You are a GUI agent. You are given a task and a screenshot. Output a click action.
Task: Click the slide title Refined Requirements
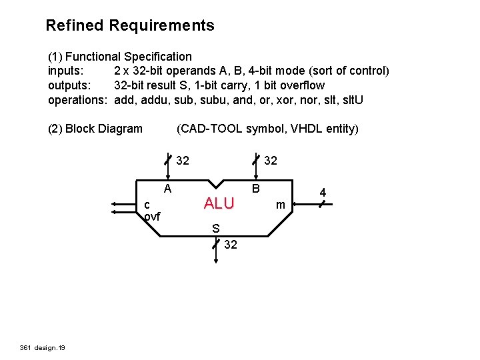(x=130, y=26)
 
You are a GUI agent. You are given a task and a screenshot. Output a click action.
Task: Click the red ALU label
(x=219, y=204)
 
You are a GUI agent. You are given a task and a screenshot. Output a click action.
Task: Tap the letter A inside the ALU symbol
(x=169, y=189)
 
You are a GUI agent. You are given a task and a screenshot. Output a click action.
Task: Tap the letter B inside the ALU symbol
(x=255, y=189)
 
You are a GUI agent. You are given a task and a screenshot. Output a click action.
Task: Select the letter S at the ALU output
(x=215, y=229)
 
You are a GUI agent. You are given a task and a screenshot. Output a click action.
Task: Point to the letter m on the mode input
(x=281, y=205)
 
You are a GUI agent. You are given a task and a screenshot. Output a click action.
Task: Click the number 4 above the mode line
(x=323, y=193)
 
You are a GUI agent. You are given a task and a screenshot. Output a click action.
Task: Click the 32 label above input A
(x=183, y=161)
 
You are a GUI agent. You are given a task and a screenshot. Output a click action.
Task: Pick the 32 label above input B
(x=271, y=161)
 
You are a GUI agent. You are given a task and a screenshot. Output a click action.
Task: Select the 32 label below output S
(x=231, y=245)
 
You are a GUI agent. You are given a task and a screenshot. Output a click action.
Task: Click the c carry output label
(x=147, y=204)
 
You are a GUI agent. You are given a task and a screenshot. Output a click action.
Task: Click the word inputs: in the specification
(x=65, y=71)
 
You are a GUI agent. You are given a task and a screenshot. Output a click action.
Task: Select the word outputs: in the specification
(x=69, y=85)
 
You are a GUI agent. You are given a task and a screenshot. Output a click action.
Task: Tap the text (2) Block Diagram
(x=95, y=129)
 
